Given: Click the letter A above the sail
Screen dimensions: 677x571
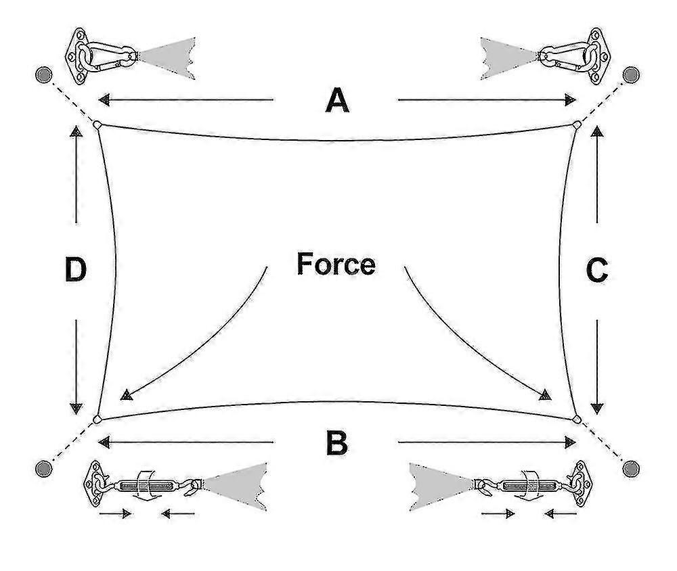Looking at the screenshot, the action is pyautogui.click(x=336, y=100).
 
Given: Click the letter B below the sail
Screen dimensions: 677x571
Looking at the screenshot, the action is pyautogui.click(x=336, y=442).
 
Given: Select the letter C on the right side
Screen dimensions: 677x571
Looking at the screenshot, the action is pyautogui.click(x=597, y=271).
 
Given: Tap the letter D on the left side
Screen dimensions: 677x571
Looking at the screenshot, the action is pyautogui.click(x=76, y=269).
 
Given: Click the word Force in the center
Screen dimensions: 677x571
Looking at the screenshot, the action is pyautogui.click(x=336, y=264).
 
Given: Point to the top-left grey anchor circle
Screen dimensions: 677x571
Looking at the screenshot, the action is pyautogui.click(x=43, y=74).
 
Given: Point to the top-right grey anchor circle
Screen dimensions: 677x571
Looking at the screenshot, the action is pyautogui.click(x=631, y=74).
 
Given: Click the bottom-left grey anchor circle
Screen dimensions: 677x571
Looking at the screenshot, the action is pyautogui.click(x=43, y=468).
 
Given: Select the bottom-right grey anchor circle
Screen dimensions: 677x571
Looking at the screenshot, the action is pyautogui.click(x=631, y=468).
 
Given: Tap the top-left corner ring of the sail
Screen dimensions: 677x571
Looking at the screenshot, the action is pyautogui.click(x=97, y=124).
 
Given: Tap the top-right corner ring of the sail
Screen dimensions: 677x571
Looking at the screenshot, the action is pyautogui.click(x=577, y=124).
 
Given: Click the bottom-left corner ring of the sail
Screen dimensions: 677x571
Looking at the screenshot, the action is pyautogui.click(x=97, y=419).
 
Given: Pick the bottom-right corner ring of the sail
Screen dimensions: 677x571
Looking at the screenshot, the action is pyautogui.click(x=577, y=419).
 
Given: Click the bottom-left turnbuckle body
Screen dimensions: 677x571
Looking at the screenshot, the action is pyautogui.click(x=142, y=486).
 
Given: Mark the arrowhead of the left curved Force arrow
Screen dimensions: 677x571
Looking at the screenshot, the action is pyautogui.click(x=126, y=395).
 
